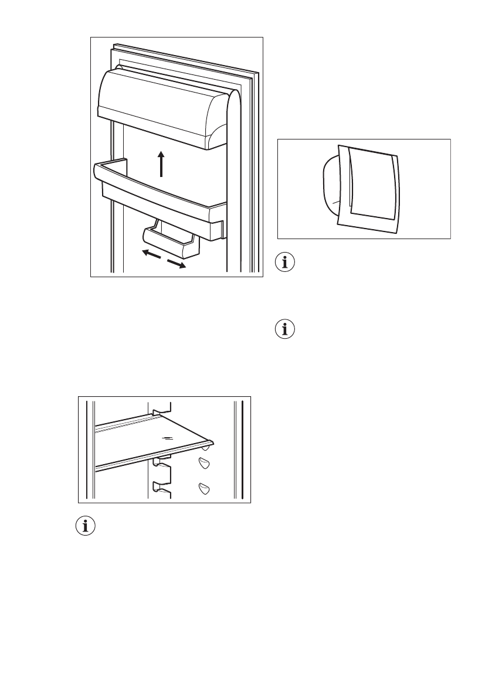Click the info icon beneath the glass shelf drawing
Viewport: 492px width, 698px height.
(86, 526)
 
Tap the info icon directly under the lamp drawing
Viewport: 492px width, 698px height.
(286, 263)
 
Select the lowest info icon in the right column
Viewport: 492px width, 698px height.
(286, 331)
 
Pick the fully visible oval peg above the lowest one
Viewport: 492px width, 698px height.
(203, 464)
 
